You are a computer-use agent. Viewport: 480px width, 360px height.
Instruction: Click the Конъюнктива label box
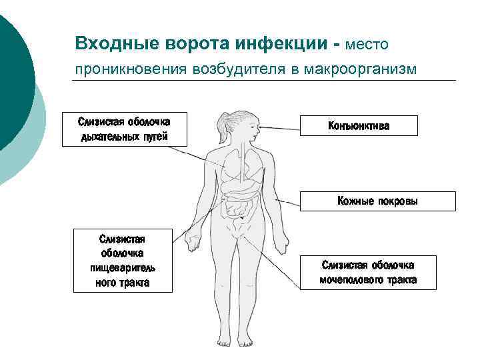tap(359, 125)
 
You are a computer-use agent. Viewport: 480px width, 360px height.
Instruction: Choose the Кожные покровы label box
tap(377, 201)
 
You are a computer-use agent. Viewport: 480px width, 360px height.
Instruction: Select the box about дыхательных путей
tap(124, 129)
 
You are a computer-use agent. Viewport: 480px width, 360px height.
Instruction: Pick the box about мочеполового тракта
tap(368, 272)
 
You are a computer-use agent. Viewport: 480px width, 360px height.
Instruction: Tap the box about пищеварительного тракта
tap(122, 260)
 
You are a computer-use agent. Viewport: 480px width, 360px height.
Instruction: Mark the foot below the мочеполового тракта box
tap(249, 341)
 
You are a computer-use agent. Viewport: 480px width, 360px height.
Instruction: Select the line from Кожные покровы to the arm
tap(288, 199)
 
